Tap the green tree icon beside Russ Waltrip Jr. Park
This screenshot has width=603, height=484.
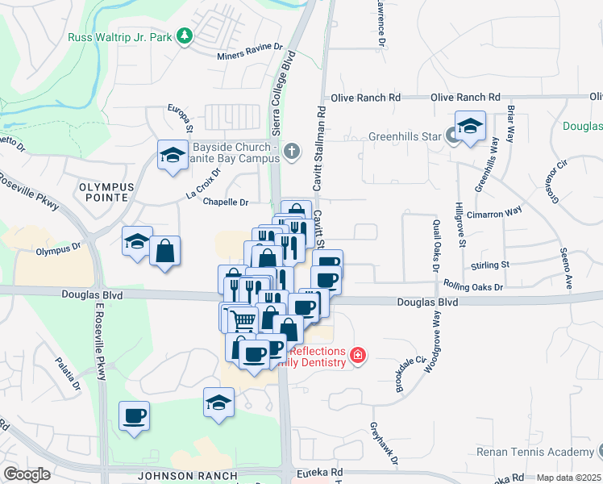click(185, 35)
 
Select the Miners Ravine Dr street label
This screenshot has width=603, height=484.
click(251, 56)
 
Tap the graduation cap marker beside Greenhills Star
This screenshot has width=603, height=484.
click(470, 127)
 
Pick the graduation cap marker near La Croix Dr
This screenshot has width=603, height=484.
click(172, 156)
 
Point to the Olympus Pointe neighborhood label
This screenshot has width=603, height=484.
click(103, 191)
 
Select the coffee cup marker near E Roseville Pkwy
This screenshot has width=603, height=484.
click(134, 416)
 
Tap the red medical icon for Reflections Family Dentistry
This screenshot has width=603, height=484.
click(357, 355)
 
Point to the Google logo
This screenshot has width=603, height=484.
click(26, 474)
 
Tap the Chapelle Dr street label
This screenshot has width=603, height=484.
click(226, 202)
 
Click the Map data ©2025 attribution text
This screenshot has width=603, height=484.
click(568, 478)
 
